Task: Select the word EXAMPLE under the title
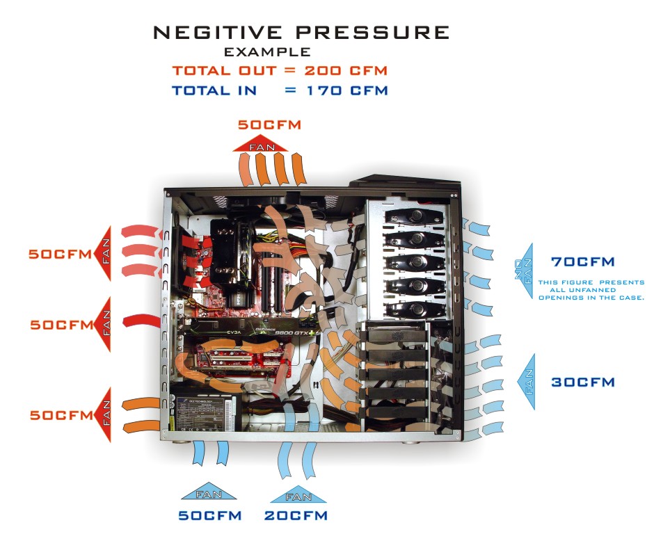(267, 52)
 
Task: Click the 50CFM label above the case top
(269, 125)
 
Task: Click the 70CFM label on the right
(582, 262)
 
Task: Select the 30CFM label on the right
(583, 382)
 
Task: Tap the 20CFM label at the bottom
(296, 515)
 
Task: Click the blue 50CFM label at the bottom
(210, 515)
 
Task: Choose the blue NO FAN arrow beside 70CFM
(523, 272)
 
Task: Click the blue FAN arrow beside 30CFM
(527, 382)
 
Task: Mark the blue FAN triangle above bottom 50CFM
(209, 492)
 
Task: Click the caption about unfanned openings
(591, 290)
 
